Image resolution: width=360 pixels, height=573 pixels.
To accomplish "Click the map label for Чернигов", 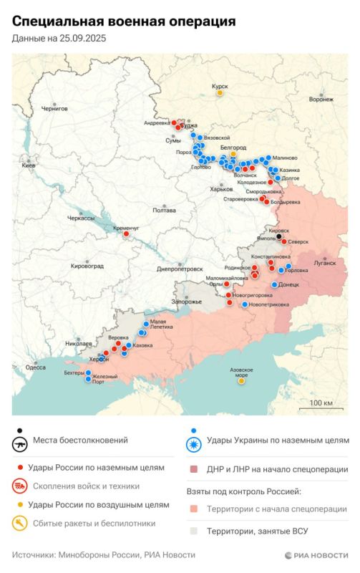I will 54,108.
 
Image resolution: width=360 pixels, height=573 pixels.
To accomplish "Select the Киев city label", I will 29,165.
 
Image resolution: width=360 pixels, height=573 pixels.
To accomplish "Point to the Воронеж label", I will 321,100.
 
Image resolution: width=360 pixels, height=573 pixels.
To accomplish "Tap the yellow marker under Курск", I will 220,92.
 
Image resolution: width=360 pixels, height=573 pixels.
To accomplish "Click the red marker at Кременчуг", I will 126,233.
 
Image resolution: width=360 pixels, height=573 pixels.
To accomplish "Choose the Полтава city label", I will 164,210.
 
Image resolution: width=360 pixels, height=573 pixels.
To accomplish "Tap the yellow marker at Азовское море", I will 241,381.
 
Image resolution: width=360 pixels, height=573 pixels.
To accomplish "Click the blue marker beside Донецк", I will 274,284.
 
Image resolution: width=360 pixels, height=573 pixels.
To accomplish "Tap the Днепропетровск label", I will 180,269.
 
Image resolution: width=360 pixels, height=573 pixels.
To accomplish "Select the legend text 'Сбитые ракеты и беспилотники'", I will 92,523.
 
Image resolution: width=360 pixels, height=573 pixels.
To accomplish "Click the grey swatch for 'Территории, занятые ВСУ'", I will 193,531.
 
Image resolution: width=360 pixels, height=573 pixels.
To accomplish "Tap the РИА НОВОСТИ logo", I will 316,555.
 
